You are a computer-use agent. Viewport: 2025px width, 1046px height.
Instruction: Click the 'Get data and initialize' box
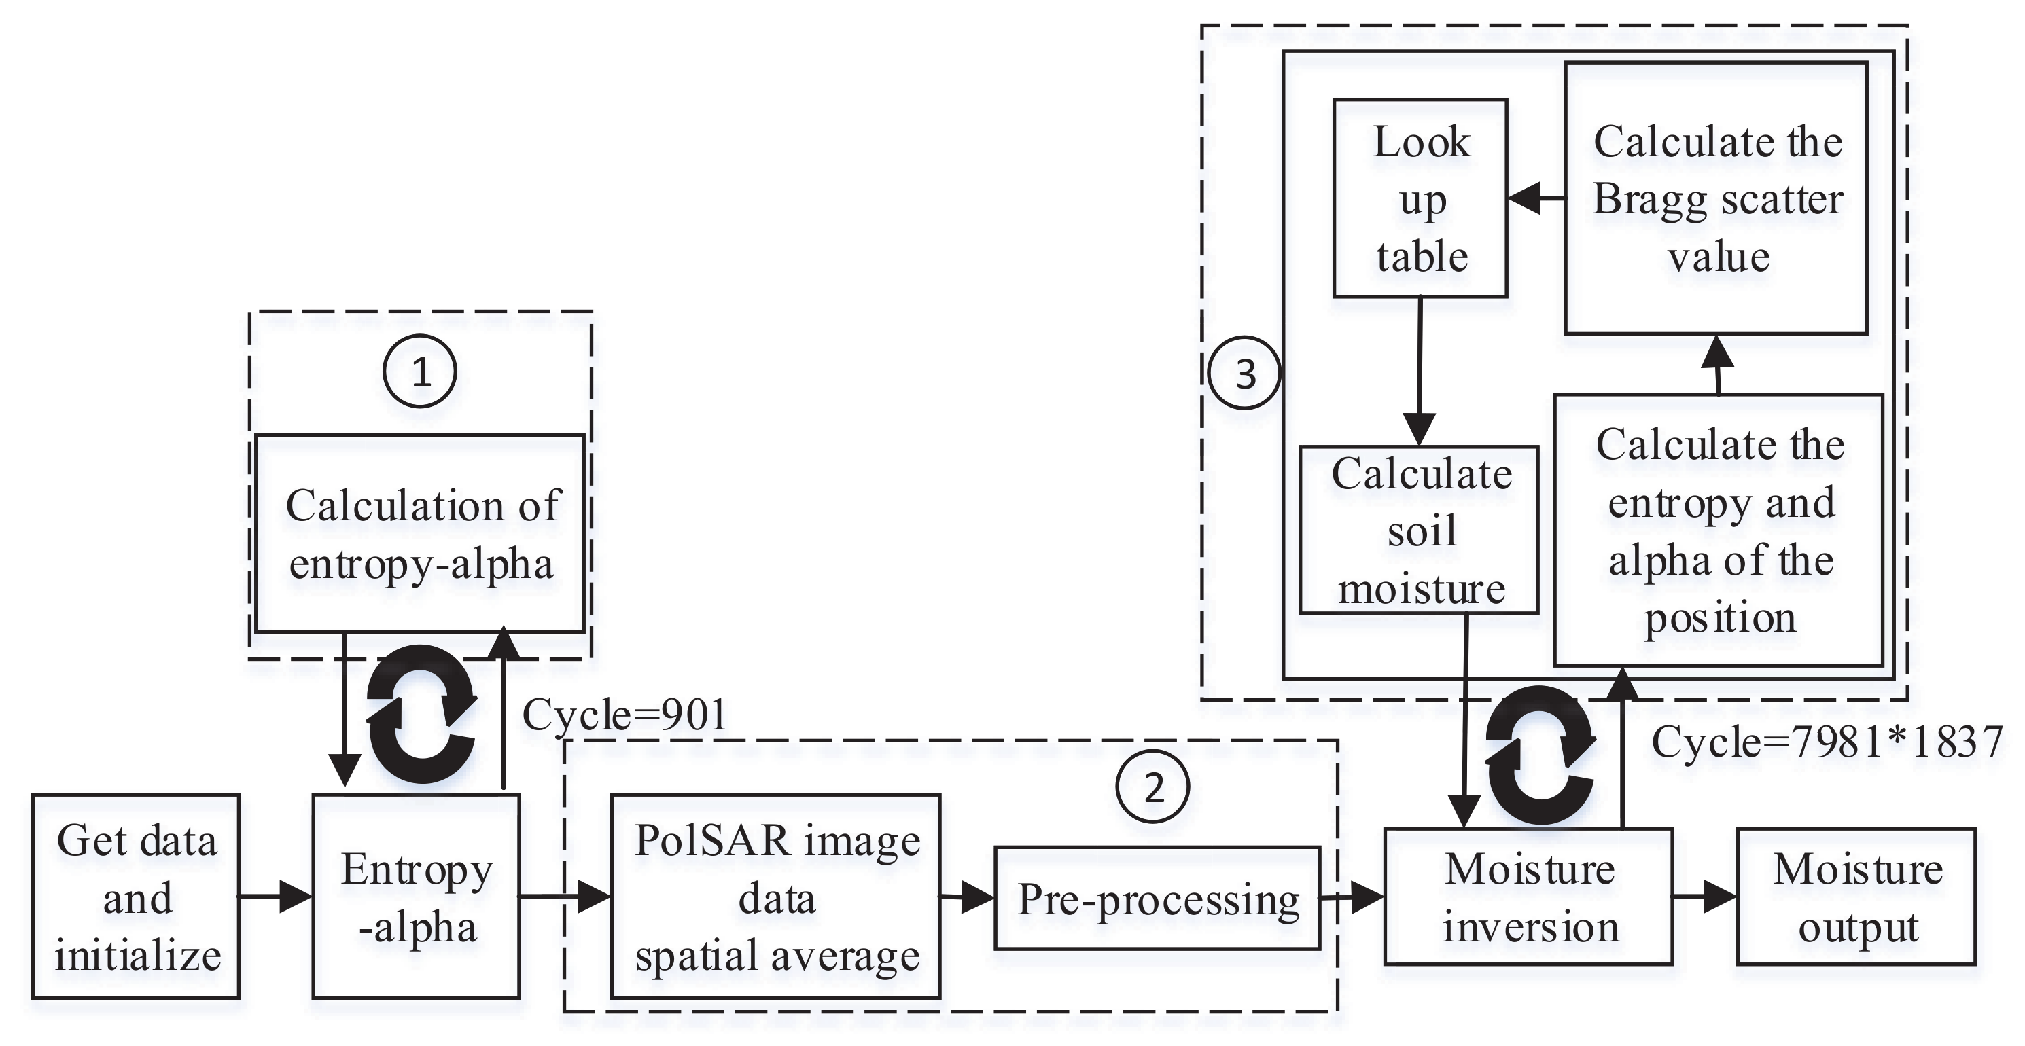(x=136, y=897)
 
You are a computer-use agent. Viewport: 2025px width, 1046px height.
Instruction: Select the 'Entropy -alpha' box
(x=416, y=897)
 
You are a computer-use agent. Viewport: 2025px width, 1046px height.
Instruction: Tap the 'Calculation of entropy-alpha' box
(x=420, y=534)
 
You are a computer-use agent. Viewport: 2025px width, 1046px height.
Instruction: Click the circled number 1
(x=421, y=372)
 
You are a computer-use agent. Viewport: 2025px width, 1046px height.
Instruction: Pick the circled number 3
(x=1244, y=374)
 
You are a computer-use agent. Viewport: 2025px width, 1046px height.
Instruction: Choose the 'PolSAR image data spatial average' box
(x=776, y=897)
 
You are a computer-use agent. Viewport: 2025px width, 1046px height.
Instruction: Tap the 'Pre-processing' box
(x=1157, y=898)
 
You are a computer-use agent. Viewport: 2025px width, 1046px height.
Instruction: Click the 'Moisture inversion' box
(x=1528, y=897)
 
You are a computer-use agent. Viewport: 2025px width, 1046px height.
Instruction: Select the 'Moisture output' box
(x=1856, y=897)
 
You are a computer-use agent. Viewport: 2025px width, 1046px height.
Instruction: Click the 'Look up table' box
(x=1420, y=198)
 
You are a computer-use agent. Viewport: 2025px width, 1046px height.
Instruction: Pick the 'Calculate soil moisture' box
(x=1419, y=530)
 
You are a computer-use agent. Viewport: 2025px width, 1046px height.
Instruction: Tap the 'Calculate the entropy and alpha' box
(x=1719, y=530)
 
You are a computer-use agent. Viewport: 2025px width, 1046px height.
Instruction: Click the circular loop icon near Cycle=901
(x=422, y=714)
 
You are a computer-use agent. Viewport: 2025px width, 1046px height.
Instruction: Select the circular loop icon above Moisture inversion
(x=1540, y=755)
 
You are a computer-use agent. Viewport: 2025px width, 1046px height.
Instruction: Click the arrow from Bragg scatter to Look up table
(x=1535, y=199)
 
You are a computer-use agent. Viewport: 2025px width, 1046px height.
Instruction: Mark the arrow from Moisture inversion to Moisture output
(x=1704, y=897)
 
